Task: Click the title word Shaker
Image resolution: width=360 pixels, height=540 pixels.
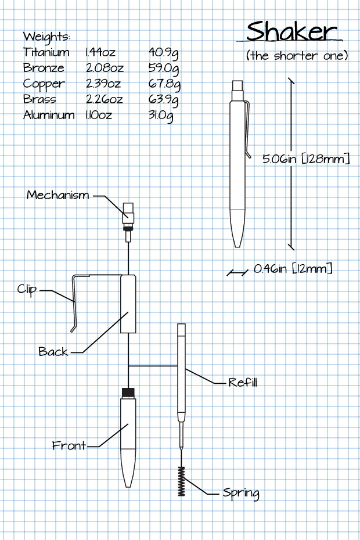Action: coord(291,32)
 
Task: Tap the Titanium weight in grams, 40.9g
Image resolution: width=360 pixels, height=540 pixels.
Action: coord(163,53)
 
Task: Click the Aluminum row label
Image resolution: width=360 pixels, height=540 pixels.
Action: coord(49,115)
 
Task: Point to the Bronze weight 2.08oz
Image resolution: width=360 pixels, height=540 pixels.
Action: coord(105,68)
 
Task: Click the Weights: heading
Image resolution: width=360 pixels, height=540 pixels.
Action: coord(46,37)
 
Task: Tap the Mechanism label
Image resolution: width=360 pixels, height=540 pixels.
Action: coord(58,195)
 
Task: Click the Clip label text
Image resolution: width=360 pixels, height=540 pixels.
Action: coord(27,289)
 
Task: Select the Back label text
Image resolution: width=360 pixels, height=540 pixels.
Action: coord(53,352)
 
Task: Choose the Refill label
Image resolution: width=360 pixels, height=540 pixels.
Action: coord(242,383)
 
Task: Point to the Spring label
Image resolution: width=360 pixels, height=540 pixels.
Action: coord(240,493)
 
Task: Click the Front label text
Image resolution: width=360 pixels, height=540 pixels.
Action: coord(69,446)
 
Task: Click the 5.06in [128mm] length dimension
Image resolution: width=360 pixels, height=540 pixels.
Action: coord(306,159)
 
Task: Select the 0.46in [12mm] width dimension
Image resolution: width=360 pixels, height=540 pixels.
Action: coord(293,269)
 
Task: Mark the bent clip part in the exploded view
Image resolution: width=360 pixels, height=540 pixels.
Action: coord(75,299)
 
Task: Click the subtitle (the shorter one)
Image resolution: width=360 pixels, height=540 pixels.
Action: coord(297,56)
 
